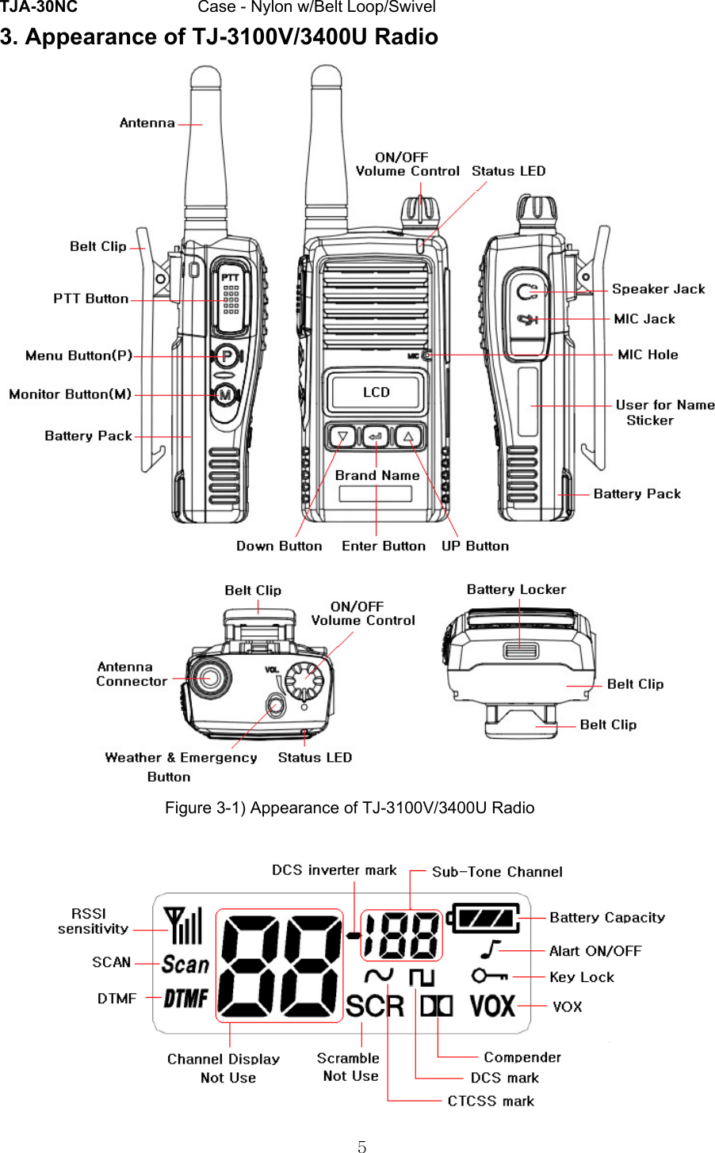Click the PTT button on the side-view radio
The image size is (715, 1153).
[230, 299]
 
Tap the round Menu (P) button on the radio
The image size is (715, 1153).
[227, 356]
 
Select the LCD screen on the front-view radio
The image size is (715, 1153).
[376, 392]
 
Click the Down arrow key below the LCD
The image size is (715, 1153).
[343, 436]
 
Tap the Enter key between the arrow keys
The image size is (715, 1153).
[376, 436]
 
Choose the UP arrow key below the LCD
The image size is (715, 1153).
[408, 436]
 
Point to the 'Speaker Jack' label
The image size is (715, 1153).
[658, 289]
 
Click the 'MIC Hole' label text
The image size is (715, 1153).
[648, 355]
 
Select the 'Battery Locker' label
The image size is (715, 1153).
[516, 589]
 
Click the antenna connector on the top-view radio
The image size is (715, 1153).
[208, 678]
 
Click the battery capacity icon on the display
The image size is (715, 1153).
[485, 919]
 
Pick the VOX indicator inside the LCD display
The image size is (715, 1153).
[492, 1006]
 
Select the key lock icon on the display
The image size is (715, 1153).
[489, 976]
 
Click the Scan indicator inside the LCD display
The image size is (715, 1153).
[185, 964]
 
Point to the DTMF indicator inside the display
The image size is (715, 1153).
[185, 999]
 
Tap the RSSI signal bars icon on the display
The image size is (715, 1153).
[183, 925]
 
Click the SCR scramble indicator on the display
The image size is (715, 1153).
[375, 1006]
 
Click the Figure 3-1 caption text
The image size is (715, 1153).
[350, 808]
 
